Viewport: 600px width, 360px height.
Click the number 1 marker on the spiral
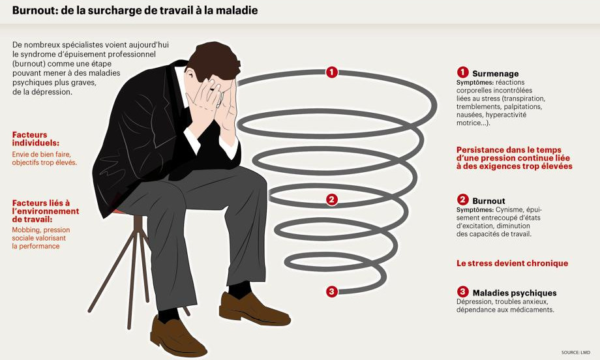click(x=332, y=72)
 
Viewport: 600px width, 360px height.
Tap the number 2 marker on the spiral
click(x=332, y=200)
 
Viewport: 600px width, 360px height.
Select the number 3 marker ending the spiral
click(x=332, y=292)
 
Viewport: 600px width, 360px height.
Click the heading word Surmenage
click(x=495, y=74)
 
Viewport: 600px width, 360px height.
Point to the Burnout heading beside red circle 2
click(x=488, y=201)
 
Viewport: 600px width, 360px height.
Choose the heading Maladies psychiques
click(x=515, y=293)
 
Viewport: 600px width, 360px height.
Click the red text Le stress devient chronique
click(x=512, y=263)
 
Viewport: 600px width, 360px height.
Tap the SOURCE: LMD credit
click(x=575, y=352)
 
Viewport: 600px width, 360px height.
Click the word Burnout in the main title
click(x=34, y=10)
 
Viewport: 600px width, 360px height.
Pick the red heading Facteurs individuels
click(x=36, y=139)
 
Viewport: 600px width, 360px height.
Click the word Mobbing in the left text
click(x=26, y=230)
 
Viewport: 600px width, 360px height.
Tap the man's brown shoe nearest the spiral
click(x=254, y=308)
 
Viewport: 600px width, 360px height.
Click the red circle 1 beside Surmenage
click(x=462, y=72)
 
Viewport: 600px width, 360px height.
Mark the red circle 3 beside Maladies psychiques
click(x=462, y=292)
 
